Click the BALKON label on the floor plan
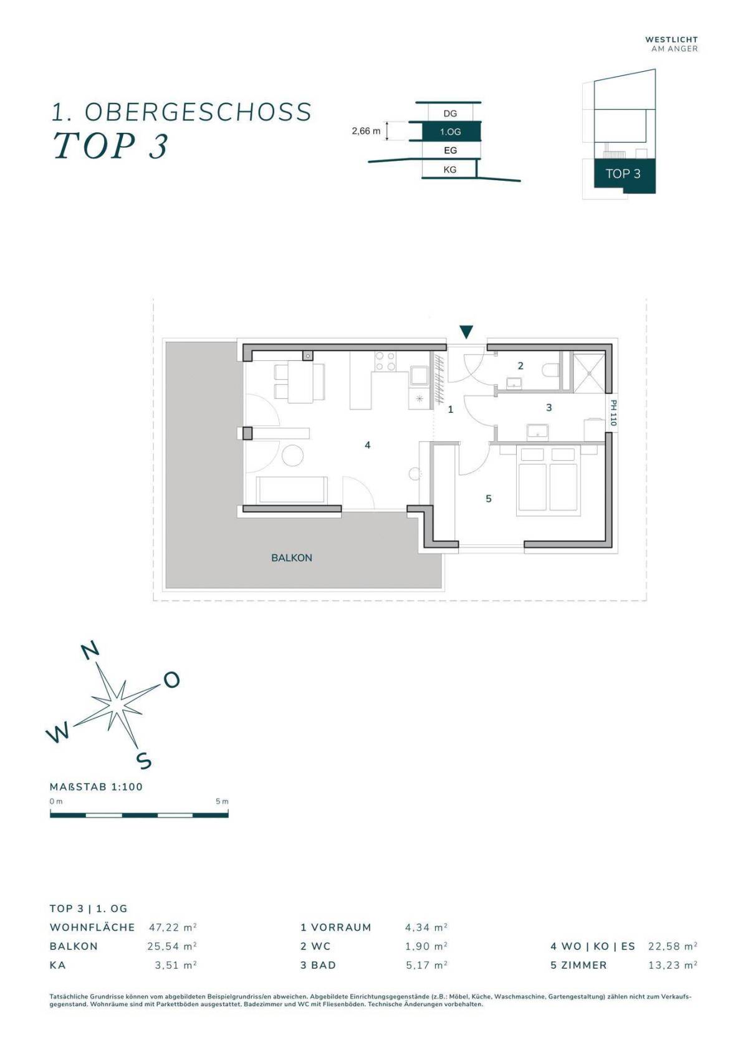point(291,558)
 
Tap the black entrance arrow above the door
point(466,332)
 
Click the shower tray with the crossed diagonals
point(588,372)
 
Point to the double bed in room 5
point(548,480)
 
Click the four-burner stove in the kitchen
point(385,362)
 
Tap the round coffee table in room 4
point(293,457)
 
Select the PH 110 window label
point(613,413)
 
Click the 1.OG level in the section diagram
point(450,132)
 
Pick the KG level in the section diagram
point(450,170)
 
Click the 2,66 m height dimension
point(366,132)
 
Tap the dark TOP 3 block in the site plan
point(625,175)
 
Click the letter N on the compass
point(90,650)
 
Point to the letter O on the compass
point(171,680)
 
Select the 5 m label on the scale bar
point(222,802)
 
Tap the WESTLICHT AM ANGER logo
point(671,44)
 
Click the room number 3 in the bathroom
point(549,407)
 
